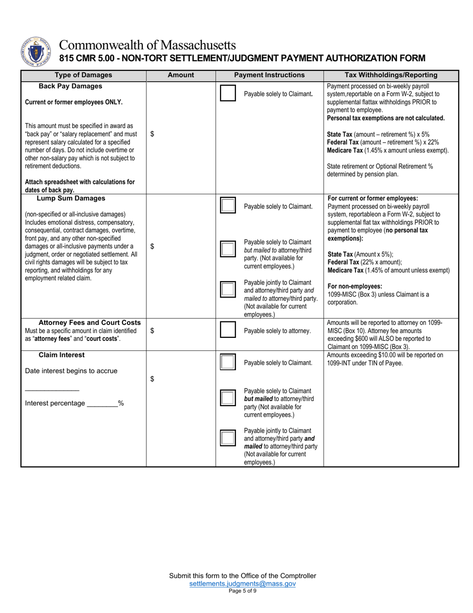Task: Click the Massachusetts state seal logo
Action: pyautogui.click(x=34, y=52)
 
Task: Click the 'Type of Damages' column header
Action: pyautogui.click(x=83, y=75)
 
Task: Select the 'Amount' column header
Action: pyautogui.click(x=181, y=75)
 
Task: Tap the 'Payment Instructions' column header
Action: pyautogui.click(x=269, y=75)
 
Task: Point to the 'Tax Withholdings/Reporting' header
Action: pyautogui.click(x=391, y=75)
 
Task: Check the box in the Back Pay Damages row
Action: pyautogui.click(x=228, y=94)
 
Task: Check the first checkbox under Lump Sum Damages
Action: pyautogui.click(x=228, y=206)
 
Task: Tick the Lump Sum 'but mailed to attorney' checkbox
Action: pyautogui.click(x=228, y=249)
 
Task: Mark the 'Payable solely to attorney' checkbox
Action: pyautogui.click(x=228, y=330)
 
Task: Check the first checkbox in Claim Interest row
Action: pyautogui.click(x=228, y=362)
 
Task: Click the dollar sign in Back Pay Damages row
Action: pyautogui.click(x=152, y=134)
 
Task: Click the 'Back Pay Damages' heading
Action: pyautogui.click(x=71, y=86)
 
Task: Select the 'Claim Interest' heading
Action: pyautogui.click(x=62, y=355)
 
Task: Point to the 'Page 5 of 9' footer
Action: pyautogui.click(x=242, y=591)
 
